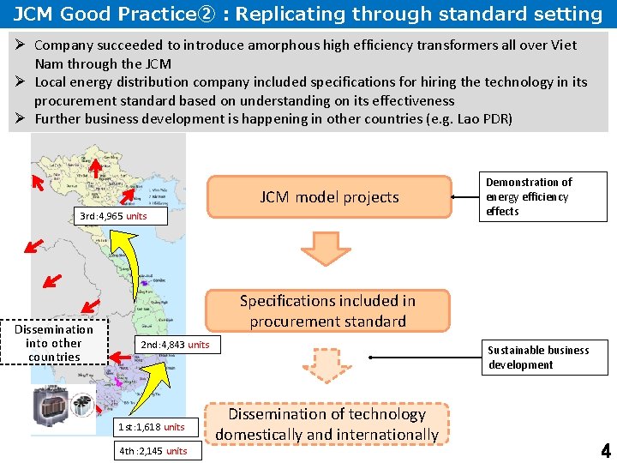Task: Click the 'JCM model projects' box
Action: pyautogui.click(x=330, y=197)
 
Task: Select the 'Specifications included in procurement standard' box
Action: pyautogui.click(x=328, y=311)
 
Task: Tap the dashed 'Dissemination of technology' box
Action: pyautogui.click(x=326, y=424)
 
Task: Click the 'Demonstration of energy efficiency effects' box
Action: pyautogui.click(x=544, y=197)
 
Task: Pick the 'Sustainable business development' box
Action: pyautogui.click(x=544, y=358)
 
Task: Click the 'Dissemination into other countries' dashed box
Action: pyautogui.click(x=53, y=343)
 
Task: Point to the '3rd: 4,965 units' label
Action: pyautogui.click(x=113, y=216)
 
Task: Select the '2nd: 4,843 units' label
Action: pyautogui.click(x=175, y=345)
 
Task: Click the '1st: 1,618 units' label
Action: pyautogui.click(x=151, y=427)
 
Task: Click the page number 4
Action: pyautogui.click(x=606, y=451)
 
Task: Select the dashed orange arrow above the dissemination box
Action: pyautogui.click(x=326, y=366)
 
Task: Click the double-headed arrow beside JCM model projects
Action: pyautogui.click(x=466, y=197)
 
